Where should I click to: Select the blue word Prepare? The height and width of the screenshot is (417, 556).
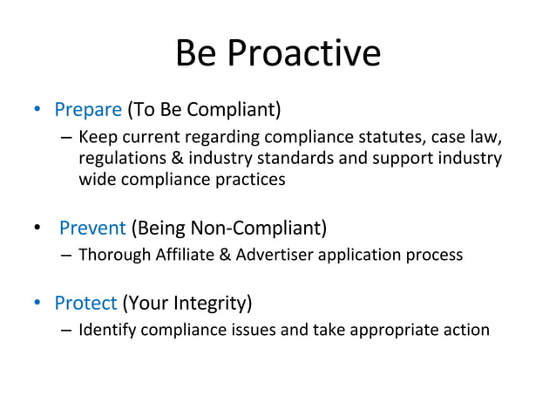coord(88,110)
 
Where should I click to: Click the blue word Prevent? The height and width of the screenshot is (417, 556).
coord(92,229)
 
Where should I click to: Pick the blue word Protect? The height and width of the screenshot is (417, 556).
coord(85,304)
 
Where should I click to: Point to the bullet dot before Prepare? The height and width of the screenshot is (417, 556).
coord(37,111)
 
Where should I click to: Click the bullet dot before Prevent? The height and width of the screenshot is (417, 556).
coord(37,229)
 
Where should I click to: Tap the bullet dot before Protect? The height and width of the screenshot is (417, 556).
coord(37,304)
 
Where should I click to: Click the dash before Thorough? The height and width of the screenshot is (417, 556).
coord(66,256)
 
